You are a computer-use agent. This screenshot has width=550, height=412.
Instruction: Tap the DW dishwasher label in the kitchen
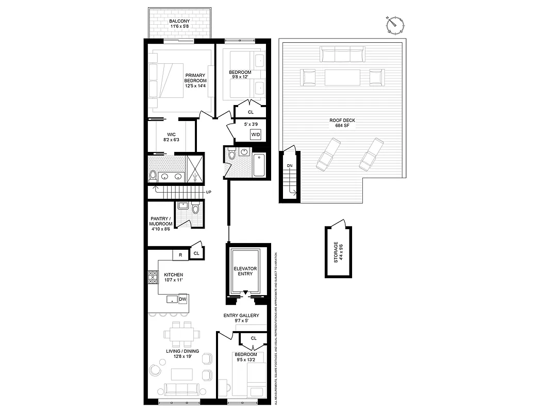[x=182, y=299]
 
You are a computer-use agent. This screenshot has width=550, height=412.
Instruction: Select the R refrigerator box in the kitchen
[x=180, y=254]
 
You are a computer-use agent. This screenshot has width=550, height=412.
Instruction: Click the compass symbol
[x=395, y=24]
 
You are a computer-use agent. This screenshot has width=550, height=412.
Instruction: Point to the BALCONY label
[x=180, y=24]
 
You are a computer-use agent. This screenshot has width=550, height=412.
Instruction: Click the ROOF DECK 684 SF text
[x=342, y=123]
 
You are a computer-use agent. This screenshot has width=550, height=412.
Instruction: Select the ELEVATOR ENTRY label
[x=245, y=271]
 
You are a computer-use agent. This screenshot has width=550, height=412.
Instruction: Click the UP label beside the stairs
[x=209, y=192]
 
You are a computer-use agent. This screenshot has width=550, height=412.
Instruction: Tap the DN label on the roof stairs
[x=289, y=166]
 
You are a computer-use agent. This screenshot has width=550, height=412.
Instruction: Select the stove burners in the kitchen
[x=153, y=277]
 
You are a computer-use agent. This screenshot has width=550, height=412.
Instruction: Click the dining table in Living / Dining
[x=180, y=334]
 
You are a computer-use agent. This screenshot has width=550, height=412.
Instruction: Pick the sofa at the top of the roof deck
[x=342, y=54]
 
